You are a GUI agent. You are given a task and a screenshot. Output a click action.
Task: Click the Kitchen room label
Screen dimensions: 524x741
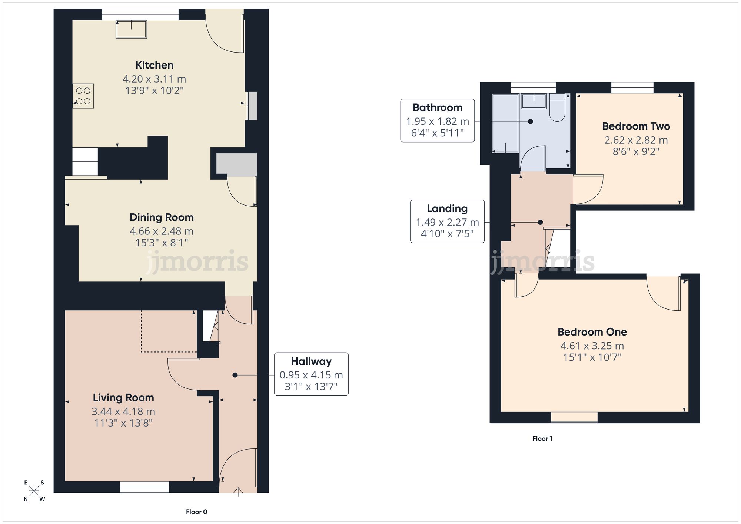click(x=154, y=65)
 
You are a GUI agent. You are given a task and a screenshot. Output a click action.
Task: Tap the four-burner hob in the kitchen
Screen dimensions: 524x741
click(x=83, y=96)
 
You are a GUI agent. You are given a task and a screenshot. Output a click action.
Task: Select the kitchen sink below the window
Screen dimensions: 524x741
click(x=131, y=29)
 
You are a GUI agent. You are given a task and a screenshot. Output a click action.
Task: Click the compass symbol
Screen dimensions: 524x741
click(x=34, y=491)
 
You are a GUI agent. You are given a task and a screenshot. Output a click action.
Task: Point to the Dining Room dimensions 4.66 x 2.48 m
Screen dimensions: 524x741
click(x=162, y=231)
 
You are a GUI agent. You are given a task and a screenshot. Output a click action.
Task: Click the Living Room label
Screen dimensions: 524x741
click(x=123, y=398)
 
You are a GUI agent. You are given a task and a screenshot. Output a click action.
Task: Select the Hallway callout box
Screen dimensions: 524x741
click(x=311, y=374)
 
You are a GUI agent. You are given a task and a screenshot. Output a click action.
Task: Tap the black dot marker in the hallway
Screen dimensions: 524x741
click(x=235, y=375)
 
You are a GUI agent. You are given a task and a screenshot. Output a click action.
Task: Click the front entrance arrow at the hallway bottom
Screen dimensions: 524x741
click(x=238, y=491)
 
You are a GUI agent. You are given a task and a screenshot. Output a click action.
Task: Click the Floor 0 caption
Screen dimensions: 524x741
click(x=196, y=512)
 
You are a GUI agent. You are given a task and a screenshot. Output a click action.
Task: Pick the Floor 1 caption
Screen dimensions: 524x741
click(x=542, y=438)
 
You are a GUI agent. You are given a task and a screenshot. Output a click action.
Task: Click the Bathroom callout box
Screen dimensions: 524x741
click(x=437, y=120)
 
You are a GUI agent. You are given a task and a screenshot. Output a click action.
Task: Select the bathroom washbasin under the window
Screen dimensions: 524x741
click(x=534, y=101)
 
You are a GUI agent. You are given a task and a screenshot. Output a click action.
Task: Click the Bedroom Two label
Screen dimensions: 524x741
click(x=636, y=126)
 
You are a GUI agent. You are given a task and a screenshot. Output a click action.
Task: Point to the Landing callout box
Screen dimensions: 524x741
click(x=447, y=221)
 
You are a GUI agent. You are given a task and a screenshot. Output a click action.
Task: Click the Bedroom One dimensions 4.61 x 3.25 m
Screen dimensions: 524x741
click(x=592, y=346)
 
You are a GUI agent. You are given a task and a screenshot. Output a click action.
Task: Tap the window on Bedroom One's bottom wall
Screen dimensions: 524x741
click(x=574, y=417)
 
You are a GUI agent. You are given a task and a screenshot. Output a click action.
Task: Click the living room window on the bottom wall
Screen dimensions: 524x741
click(x=144, y=487)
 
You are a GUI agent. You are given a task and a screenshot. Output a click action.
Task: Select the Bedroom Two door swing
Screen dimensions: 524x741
click(x=588, y=189)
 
